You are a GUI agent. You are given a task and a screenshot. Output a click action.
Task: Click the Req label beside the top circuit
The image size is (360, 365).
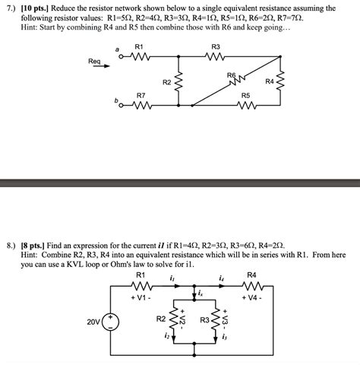click(x=94, y=61)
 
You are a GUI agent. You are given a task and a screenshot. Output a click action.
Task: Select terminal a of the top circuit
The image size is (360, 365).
click(x=116, y=51)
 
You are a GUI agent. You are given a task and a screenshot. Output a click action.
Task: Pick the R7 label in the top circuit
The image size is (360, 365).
click(x=141, y=95)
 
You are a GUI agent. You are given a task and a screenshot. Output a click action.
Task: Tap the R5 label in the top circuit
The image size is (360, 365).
click(x=245, y=95)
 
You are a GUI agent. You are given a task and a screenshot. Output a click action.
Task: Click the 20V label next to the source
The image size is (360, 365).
click(x=94, y=322)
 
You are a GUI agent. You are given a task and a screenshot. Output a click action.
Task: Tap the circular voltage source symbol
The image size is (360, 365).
click(x=111, y=322)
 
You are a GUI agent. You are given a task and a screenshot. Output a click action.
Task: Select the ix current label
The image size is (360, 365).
click(x=200, y=292)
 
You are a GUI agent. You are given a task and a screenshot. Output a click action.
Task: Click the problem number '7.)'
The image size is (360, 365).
click(x=11, y=7)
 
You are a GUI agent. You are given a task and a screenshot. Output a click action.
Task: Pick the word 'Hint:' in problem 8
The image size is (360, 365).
click(x=32, y=255)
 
